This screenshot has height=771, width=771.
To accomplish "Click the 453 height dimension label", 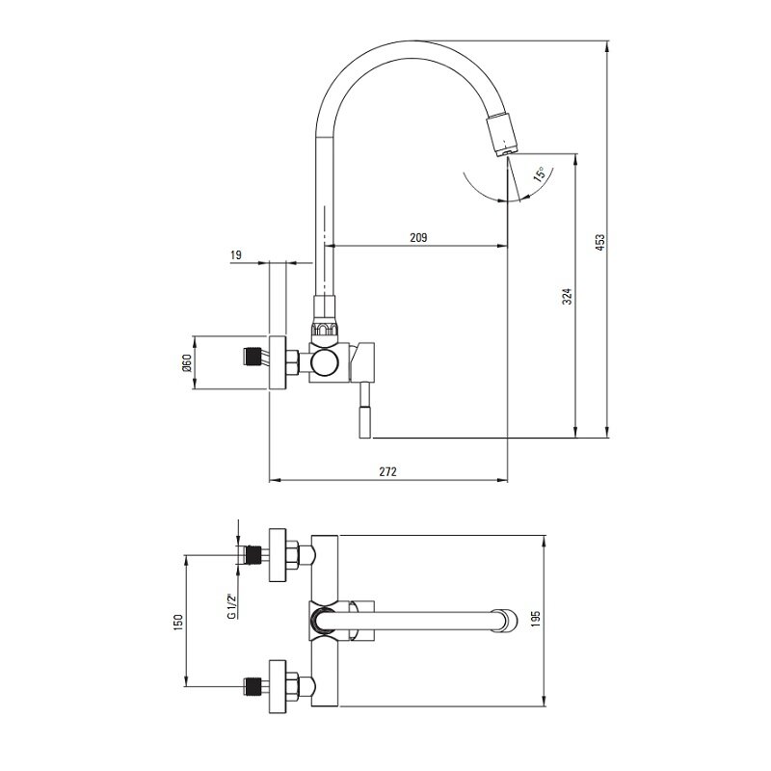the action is point(600,243).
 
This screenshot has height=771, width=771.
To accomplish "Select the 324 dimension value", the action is point(568,297).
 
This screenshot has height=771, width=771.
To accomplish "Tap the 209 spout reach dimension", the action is point(418,238).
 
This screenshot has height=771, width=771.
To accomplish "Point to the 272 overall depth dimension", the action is point(387,471).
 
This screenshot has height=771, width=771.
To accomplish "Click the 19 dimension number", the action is point(236,254).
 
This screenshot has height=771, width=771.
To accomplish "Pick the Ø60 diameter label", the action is point(186,363).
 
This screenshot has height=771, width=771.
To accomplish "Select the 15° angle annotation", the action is point(540,174).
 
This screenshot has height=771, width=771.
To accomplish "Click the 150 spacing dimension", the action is point(178,622).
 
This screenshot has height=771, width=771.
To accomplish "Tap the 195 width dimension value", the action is point(536,619).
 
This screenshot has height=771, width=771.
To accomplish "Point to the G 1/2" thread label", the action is point(231,606).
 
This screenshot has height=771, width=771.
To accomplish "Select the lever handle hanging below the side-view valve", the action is point(366,411).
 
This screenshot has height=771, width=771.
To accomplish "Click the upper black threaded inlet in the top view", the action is point(253,555).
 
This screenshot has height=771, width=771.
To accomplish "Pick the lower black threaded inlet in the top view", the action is point(253,686).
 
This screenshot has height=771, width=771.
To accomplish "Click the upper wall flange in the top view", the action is point(278,555).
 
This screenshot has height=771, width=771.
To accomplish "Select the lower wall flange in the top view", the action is point(278,686).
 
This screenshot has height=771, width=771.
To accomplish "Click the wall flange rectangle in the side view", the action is point(278,363).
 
